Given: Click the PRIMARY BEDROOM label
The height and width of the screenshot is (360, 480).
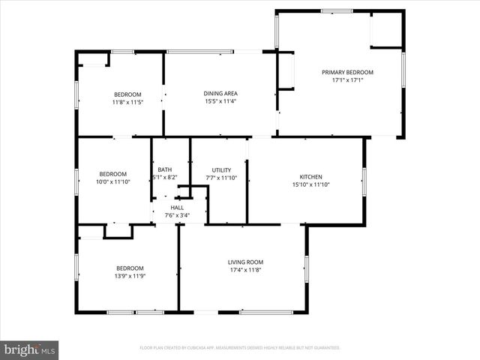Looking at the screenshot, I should tap(347, 73).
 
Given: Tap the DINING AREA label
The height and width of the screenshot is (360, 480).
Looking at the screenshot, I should tap(220, 94).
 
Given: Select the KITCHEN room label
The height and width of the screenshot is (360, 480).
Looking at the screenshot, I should tap(305, 177).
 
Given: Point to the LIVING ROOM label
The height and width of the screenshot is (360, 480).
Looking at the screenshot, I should tap(245, 262).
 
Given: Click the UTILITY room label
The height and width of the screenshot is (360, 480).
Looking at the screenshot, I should tap(221, 170).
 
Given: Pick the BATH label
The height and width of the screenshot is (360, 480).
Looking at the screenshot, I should tap(165, 170).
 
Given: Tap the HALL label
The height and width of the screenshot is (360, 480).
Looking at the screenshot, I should tap(177, 208).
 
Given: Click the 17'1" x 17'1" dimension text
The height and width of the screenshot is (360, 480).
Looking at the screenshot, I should tap(347, 80).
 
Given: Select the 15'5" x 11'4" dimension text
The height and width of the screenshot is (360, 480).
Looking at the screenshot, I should tap(220, 101).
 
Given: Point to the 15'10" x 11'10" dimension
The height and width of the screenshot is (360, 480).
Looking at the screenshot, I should tap(305, 184).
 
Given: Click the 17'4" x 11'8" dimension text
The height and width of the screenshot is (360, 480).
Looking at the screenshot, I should tap(245, 269).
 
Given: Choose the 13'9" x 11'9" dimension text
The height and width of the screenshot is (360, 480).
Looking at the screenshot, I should tap(130, 276).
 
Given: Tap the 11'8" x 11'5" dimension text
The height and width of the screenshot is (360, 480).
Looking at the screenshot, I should tap(127, 102).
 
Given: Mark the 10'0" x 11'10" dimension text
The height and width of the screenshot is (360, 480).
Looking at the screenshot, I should tap(113, 181).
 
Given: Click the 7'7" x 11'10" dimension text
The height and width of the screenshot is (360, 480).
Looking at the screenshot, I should tap(221, 178).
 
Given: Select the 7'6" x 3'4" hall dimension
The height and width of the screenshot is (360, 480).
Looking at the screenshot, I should tap(177, 215).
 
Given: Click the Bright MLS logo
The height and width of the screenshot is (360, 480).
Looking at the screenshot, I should tap(29, 349).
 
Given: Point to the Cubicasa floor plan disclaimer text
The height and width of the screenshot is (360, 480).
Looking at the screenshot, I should tap(240, 348).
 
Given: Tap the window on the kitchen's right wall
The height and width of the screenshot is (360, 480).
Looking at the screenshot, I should tap(364, 181).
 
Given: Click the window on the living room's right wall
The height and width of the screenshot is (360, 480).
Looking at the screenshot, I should tap(306, 268).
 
